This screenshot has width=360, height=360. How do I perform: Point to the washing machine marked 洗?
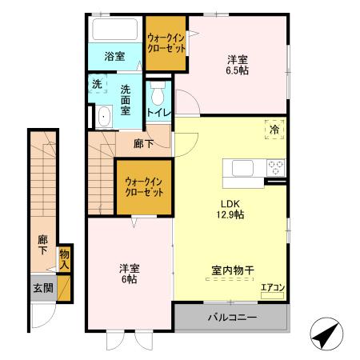98,85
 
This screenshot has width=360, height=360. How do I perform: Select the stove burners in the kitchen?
276,168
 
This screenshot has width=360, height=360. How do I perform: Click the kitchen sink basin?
242,168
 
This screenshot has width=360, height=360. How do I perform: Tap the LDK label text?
228,203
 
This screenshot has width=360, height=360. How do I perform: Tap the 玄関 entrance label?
42,288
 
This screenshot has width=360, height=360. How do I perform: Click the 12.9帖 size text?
229,215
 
